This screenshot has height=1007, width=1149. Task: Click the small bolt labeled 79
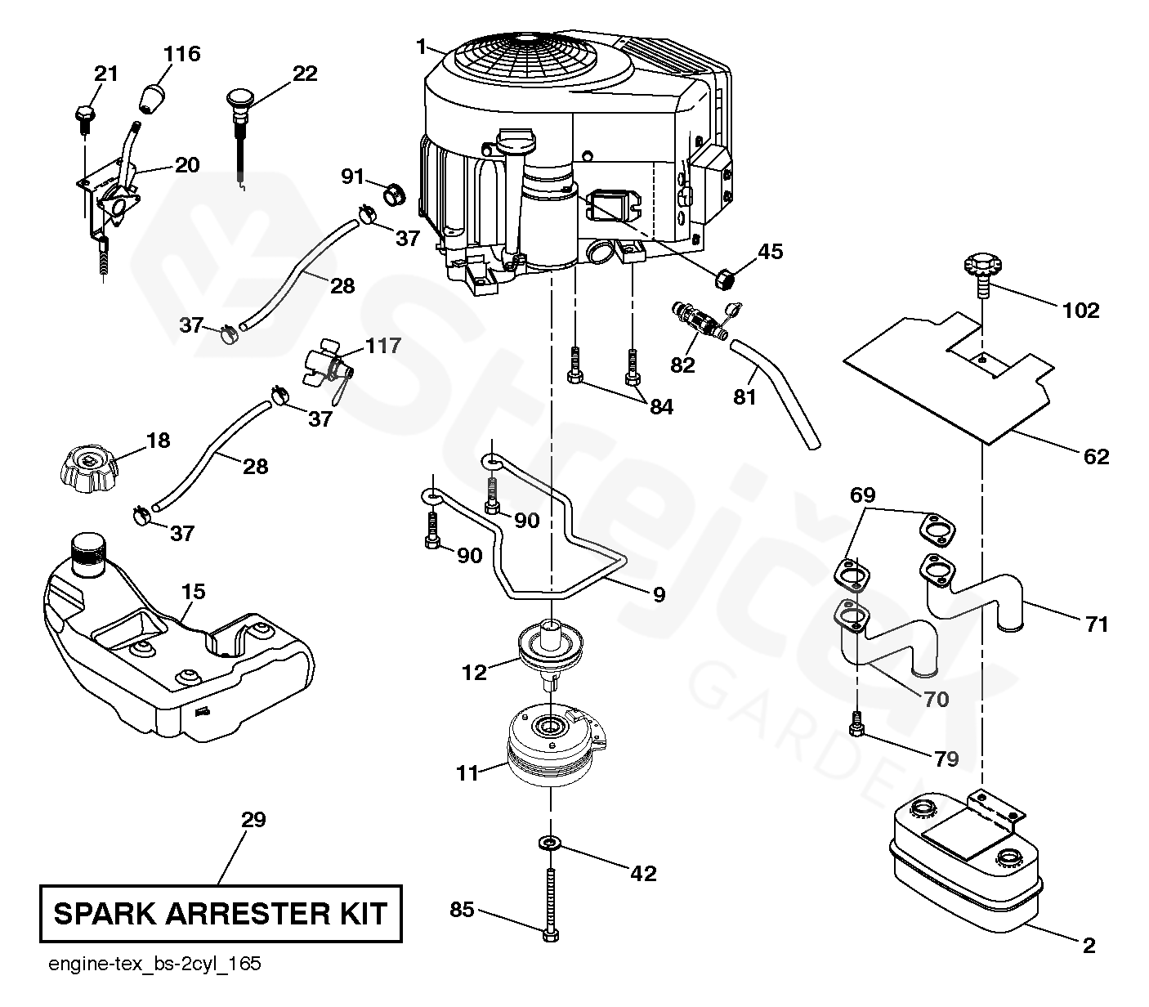click(x=856, y=724)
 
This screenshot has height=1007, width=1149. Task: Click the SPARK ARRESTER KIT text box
click(x=221, y=913)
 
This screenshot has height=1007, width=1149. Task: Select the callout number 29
click(x=253, y=819)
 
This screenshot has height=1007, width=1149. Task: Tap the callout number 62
click(x=1096, y=456)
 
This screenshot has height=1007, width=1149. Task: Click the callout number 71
click(x=1096, y=624)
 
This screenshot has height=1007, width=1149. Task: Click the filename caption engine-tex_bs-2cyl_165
click(x=154, y=964)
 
